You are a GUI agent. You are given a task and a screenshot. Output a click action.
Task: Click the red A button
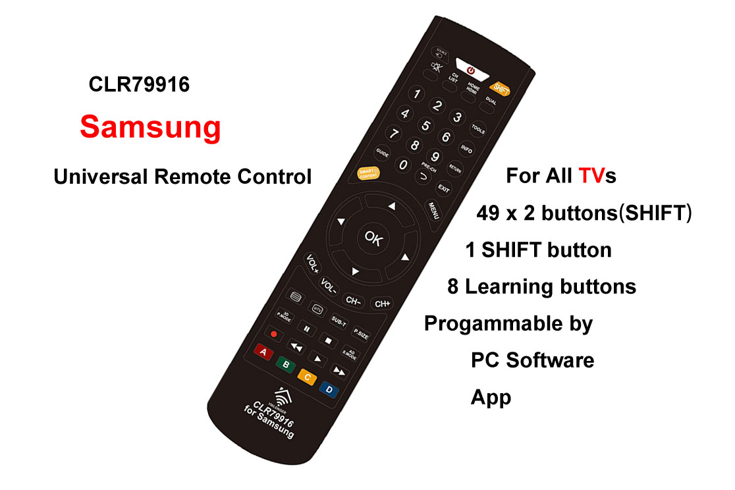click(x=263, y=352)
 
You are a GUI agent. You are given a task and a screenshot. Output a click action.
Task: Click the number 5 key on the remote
click(x=425, y=125)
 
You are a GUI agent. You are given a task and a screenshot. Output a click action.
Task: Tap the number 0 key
click(x=402, y=165)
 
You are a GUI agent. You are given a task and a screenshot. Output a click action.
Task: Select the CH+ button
click(x=382, y=304)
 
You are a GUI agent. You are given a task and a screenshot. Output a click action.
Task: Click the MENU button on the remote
click(x=434, y=210)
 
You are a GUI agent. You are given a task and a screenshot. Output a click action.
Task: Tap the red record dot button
click(x=274, y=335)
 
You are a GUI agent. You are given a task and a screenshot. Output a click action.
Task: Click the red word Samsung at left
click(x=150, y=126)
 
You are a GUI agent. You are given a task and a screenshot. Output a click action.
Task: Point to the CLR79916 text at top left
click(x=139, y=85)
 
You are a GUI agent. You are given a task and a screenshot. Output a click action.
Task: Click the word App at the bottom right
click(x=491, y=397)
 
